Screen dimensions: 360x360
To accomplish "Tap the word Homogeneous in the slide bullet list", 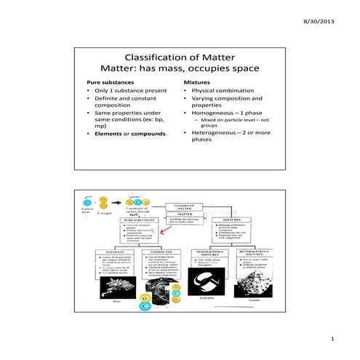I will [x=216, y=113].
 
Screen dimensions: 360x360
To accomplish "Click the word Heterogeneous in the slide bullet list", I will [x=217, y=132].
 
